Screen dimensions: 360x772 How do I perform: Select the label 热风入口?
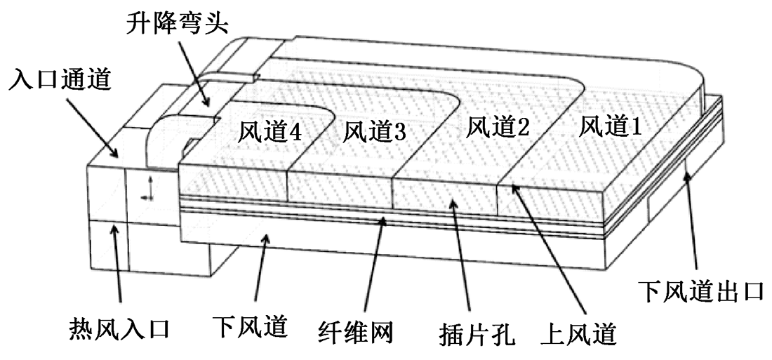click(x=120, y=328)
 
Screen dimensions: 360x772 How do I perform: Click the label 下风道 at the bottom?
click(x=251, y=326)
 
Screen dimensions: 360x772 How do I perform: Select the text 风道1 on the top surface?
click(x=611, y=127)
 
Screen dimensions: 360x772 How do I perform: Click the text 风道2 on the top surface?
click(x=499, y=128)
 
